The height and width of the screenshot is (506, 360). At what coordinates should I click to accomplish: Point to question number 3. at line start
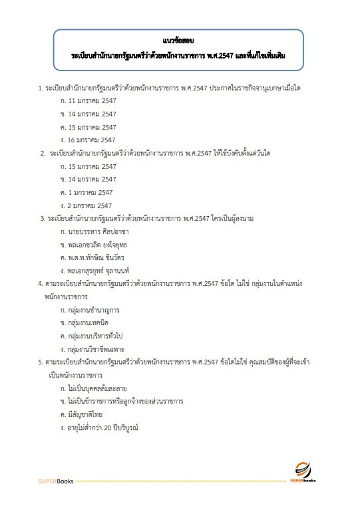pos(42,218)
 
